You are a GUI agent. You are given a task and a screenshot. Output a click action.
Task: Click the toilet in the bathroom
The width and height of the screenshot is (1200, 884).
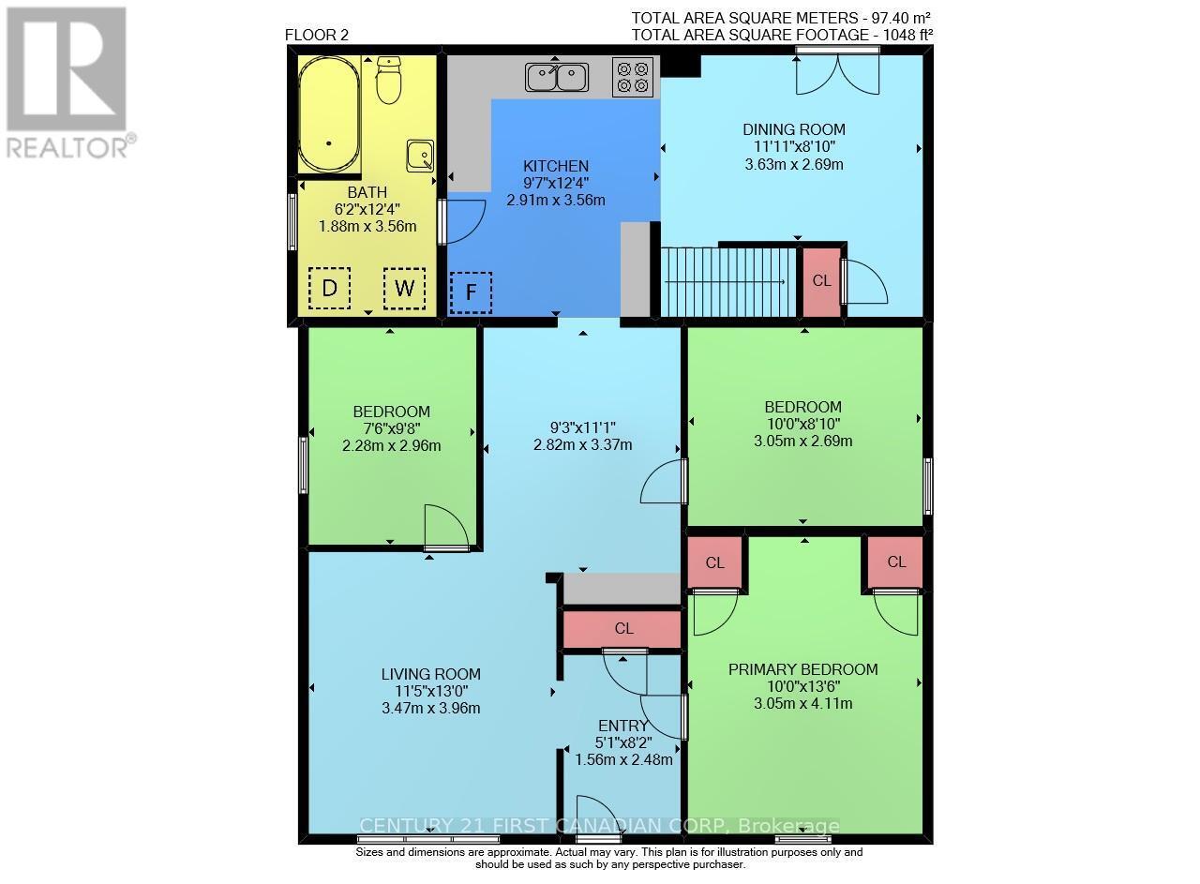pyautogui.click(x=388, y=81)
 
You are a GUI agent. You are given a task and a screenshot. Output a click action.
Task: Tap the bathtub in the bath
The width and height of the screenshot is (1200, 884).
pyautogui.click(x=329, y=113)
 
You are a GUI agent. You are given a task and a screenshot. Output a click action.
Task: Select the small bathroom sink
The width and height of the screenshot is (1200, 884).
pyautogui.click(x=420, y=156)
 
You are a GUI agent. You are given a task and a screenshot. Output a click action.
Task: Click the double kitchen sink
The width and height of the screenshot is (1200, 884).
pyautogui.click(x=557, y=77)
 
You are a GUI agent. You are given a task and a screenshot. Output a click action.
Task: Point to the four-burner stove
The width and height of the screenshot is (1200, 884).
pyautogui.click(x=631, y=77)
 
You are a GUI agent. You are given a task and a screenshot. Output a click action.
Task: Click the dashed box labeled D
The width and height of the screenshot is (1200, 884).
pyautogui.click(x=329, y=289)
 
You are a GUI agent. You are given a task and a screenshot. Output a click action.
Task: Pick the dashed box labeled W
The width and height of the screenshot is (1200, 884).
pyautogui.click(x=404, y=289)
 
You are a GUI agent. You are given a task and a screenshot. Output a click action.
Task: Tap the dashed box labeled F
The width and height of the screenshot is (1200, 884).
pyautogui.click(x=471, y=293)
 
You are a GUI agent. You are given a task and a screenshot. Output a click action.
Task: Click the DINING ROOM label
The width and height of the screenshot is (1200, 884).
pyautogui.click(x=794, y=129)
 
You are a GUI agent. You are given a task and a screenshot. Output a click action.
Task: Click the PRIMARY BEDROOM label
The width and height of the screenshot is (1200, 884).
pyautogui.click(x=803, y=669)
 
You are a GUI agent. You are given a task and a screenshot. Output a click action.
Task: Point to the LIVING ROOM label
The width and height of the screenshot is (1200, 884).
pyautogui.click(x=430, y=674)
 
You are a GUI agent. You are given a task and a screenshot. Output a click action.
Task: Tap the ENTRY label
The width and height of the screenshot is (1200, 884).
pyautogui.click(x=622, y=726)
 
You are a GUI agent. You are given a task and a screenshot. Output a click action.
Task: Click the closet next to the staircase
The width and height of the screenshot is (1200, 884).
pyautogui.click(x=820, y=281)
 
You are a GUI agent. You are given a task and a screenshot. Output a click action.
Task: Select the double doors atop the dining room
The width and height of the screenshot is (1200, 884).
pyautogui.click(x=837, y=73)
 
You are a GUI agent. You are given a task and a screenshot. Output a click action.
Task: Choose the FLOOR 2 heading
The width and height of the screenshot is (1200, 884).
pyautogui.click(x=316, y=36)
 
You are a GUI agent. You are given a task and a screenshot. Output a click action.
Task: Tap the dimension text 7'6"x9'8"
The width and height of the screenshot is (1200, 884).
pyautogui.click(x=391, y=428)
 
